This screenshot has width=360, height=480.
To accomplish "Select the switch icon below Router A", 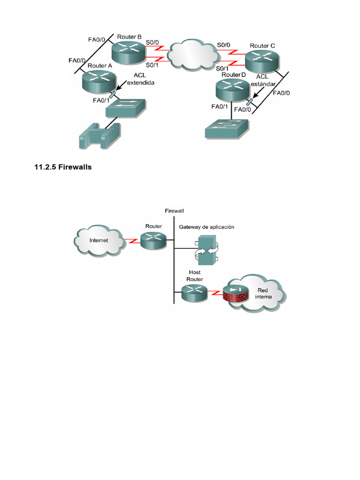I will (x=126, y=108).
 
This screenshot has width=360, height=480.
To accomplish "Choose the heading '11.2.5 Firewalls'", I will (x=63, y=167).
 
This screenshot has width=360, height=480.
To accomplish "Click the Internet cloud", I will (x=99, y=240).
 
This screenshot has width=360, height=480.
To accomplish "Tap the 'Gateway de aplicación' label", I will (x=206, y=227).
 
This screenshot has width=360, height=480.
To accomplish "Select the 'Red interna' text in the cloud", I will (x=262, y=293).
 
